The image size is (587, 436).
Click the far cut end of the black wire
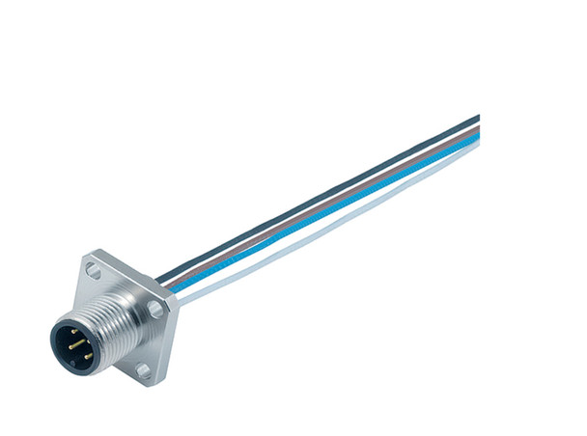476,120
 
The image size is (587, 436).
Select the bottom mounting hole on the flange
142,369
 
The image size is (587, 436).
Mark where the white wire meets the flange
180,296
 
